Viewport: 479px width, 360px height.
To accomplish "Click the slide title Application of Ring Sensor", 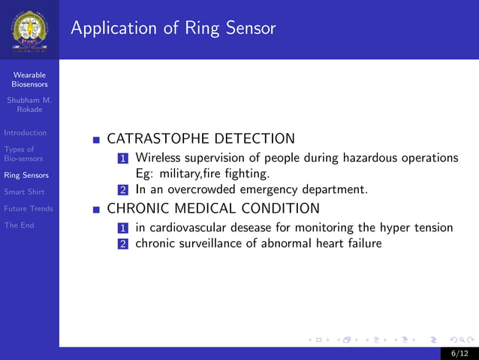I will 173,29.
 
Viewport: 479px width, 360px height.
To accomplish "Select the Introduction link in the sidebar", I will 25,133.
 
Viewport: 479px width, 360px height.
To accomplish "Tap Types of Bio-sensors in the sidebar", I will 23,154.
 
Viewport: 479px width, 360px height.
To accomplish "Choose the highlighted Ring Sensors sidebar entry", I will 26,175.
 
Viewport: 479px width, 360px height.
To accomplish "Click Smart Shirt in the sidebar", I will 24,192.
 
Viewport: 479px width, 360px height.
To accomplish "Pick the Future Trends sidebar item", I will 28,208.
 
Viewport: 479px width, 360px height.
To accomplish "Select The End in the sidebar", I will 19,225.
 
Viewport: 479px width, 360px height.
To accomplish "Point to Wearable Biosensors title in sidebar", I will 29,80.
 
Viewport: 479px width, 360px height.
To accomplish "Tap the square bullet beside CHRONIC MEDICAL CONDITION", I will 96,209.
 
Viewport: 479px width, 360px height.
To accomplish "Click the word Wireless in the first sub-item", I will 160,158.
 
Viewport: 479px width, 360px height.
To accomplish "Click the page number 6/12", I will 459,352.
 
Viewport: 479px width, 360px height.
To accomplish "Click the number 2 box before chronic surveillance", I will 123,244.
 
